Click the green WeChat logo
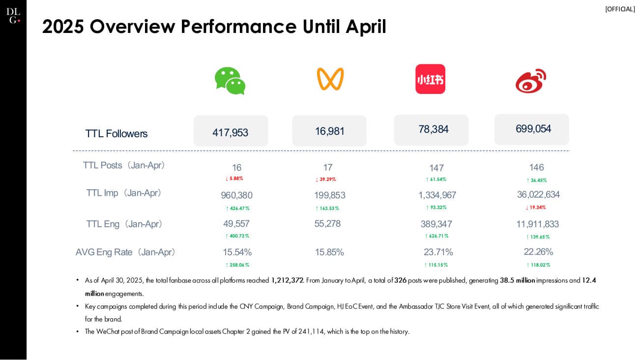(230, 80)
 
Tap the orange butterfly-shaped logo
(330, 79)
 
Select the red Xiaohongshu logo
(430, 79)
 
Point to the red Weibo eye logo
(531, 81)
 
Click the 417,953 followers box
(231, 132)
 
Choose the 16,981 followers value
(329, 131)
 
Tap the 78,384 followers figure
(433, 129)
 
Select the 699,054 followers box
(533, 129)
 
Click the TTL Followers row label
(116, 134)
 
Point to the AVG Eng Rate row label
(125, 252)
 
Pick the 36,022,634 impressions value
(538, 195)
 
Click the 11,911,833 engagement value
(537, 224)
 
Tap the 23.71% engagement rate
(438, 252)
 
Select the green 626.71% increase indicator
(436, 236)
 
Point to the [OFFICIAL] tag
(620, 9)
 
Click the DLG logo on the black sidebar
(13, 16)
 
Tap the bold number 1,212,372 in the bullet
(288, 280)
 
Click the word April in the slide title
(365, 27)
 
